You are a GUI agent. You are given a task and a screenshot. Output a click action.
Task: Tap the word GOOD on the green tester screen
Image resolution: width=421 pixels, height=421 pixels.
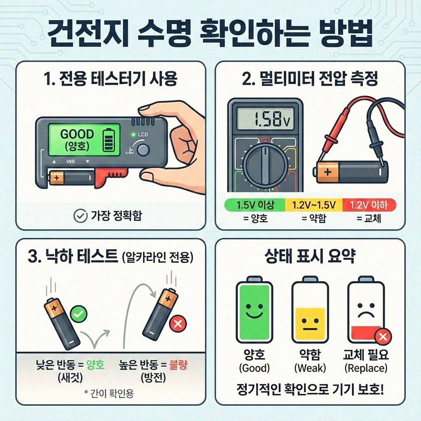tap(77, 134)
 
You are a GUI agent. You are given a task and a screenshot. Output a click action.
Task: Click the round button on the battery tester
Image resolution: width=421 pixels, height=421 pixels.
tap(143, 150)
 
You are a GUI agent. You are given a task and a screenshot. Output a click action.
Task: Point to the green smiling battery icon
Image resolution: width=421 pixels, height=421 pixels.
tap(254, 311)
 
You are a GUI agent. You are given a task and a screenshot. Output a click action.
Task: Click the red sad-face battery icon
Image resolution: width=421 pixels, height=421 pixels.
tap(365, 311)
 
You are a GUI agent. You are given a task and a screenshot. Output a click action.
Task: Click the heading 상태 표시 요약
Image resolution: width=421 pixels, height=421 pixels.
tap(310, 257)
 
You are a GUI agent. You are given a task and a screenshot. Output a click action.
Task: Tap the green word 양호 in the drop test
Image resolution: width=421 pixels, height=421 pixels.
tap(96, 365)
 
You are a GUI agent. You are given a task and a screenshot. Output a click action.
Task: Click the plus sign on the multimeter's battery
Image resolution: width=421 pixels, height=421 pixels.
tap(327, 171)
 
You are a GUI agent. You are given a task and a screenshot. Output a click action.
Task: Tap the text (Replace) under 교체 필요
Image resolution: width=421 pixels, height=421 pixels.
tap(365, 368)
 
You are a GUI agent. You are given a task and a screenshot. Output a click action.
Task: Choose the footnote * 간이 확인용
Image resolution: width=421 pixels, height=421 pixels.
tap(109, 393)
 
